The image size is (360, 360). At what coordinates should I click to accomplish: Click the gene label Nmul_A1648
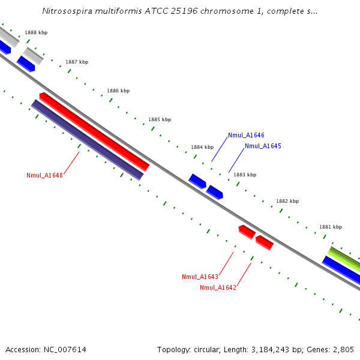click(44, 175)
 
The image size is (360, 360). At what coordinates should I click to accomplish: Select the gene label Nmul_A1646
click(246, 136)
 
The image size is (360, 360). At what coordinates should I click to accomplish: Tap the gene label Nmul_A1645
click(263, 146)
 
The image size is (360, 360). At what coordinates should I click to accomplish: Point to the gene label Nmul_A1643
click(200, 277)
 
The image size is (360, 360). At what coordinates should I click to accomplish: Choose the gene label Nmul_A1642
click(218, 287)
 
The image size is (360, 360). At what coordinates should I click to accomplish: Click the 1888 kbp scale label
click(36, 32)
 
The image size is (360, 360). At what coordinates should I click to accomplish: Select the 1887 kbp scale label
click(77, 62)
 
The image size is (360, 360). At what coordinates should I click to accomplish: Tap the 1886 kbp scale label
click(118, 91)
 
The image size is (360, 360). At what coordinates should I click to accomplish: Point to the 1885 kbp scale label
click(160, 119)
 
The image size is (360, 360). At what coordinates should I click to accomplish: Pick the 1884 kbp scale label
click(202, 147)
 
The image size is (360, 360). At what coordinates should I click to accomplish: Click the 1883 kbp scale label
click(245, 175)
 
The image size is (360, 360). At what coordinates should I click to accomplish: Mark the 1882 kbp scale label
click(287, 201)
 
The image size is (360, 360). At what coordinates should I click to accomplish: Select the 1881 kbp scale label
click(331, 227)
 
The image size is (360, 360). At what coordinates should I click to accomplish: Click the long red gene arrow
click(94, 131)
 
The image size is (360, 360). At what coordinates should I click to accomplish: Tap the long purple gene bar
click(87, 140)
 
